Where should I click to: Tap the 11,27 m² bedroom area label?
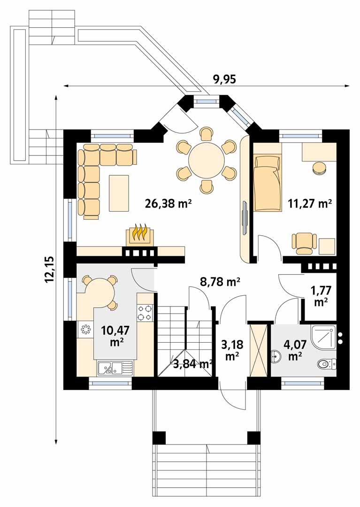coord(309,203)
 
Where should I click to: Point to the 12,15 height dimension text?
coord(50,269)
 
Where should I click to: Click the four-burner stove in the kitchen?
coord(145,313)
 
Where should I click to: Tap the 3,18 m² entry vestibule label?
coord(231,350)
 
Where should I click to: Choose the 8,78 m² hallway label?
coord(220,282)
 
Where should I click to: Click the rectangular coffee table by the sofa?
coord(119,193)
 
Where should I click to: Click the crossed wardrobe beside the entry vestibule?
coord(258,348)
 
